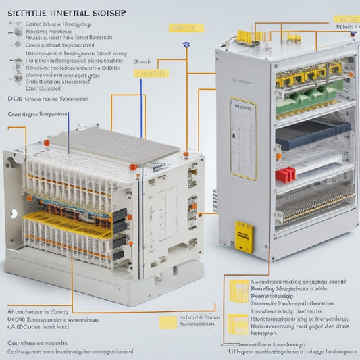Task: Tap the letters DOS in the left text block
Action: [15, 98]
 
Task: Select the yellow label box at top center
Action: [185, 28]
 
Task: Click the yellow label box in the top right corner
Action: [347, 19]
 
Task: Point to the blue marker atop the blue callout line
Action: [184, 45]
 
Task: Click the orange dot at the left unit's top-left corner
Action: [46, 143]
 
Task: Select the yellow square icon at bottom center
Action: [168, 323]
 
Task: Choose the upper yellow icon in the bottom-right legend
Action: [238, 291]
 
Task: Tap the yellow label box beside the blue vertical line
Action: [150, 72]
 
